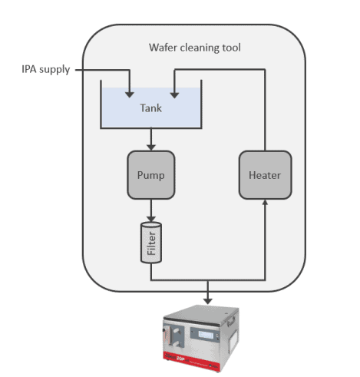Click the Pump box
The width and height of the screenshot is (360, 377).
click(x=151, y=174)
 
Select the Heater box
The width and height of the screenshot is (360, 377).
click(x=264, y=174)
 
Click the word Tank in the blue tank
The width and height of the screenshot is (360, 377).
click(x=151, y=107)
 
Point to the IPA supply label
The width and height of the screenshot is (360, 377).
click(x=45, y=70)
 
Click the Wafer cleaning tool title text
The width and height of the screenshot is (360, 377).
click(x=195, y=48)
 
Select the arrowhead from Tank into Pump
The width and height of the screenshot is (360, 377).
click(x=151, y=146)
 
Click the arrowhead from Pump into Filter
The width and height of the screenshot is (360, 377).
click(x=151, y=218)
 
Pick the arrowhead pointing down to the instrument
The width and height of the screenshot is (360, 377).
click(x=208, y=300)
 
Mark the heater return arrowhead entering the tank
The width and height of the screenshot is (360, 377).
click(x=175, y=94)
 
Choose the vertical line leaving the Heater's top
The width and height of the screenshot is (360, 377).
click(x=264, y=107)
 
